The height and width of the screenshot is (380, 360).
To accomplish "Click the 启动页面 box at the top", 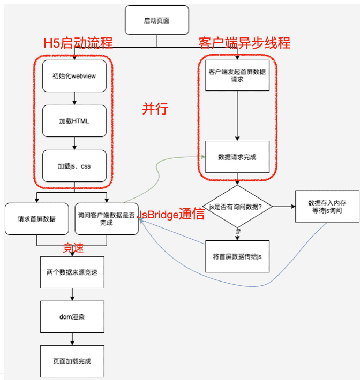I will point(157,21).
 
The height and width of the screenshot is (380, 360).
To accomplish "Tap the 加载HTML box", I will point(74,121).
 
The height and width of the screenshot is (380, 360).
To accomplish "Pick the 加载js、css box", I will point(74,166).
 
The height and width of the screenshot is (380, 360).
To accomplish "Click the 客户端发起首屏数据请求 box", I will point(237,75).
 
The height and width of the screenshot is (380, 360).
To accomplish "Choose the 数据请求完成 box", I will point(237,157).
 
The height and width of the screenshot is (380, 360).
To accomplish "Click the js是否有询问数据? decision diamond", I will point(237,207).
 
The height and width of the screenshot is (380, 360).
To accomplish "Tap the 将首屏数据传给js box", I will point(237,256).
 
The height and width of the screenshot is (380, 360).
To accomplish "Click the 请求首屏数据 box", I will point(37,219).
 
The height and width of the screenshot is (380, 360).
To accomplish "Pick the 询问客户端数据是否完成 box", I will point(107,219).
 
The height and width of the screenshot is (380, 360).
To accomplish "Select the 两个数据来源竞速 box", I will point(72,272).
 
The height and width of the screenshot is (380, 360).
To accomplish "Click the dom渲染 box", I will point(72,317).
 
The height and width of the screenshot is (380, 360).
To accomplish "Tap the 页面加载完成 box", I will point(72,361).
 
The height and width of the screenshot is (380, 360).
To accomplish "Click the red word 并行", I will point(155,109).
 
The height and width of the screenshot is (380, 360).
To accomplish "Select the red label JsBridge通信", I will point(171,215).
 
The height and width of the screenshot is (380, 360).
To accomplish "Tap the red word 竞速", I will point(74,248).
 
